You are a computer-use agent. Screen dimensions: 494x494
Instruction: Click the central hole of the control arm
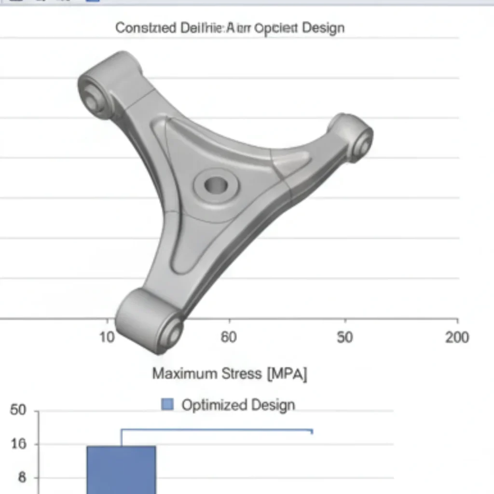216,184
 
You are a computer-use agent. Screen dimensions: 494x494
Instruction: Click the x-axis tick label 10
107,337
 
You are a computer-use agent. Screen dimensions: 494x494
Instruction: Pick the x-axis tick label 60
229,337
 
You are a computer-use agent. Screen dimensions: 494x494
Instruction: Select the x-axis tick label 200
456,337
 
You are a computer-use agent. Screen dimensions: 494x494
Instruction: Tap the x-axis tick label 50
344,337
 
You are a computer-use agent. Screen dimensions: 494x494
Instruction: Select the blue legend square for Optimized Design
167,404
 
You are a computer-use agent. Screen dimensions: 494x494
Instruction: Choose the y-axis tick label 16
18,444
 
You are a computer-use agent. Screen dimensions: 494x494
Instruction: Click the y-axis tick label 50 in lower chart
18,411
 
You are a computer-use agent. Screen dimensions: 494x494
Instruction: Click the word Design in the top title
323,28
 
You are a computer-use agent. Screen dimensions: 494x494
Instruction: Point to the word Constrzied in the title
146,28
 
